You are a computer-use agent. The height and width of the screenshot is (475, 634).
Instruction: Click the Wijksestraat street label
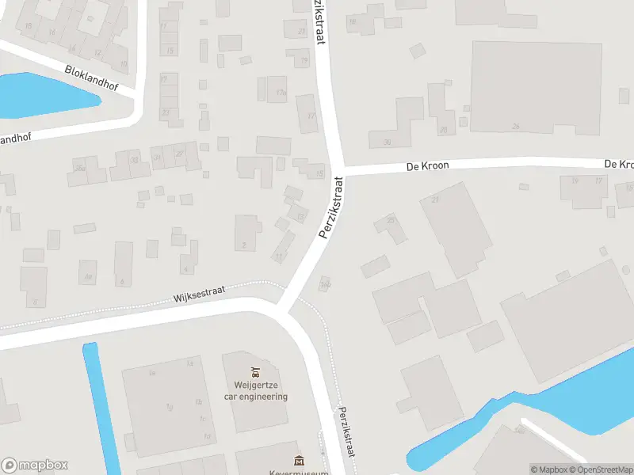pyautogui.click(x=199, y=294)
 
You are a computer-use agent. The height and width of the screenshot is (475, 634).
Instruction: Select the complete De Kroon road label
pyautogui.click(x=427, y=166)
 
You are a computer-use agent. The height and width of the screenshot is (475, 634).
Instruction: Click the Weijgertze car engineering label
pyautogui.click(x=255, y=392)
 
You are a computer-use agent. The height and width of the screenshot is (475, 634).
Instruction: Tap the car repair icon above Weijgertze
pyautogui.click(x=255, y=371)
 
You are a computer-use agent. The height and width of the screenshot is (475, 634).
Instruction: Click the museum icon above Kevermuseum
pyautogui.click(x=299, y=461)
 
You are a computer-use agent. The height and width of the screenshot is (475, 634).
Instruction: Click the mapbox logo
pyautogui.click(x=34, y=465)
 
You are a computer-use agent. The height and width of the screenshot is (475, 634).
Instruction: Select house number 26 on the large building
pyautogui.click(x=516, y=126)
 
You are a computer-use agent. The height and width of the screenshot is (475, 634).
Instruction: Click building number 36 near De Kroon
pyautogui.click(x=387, y=142)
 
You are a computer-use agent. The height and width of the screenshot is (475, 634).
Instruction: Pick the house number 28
pyautogui.click(x=391, y=219)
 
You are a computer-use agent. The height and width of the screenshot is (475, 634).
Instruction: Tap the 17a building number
pyautogui.click(x=280, y=93)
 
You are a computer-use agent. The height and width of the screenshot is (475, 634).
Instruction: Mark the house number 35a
pyautogui.click(x=79, y=168)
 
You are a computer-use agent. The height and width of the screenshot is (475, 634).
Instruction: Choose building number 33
pyautogui.click(x=135, y=160)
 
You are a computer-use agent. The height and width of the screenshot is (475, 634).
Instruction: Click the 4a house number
pyautogui.click(x=89, y=276)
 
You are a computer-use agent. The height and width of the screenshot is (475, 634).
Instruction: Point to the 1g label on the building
pyautogui.click(x=169, y=407)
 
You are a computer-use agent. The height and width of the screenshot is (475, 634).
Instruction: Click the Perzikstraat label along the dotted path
pyautogui.click(x=344, y=431)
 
